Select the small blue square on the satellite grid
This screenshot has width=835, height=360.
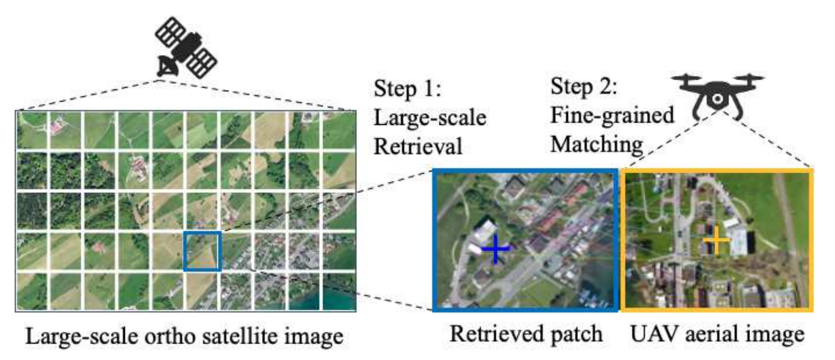(202, 250)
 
